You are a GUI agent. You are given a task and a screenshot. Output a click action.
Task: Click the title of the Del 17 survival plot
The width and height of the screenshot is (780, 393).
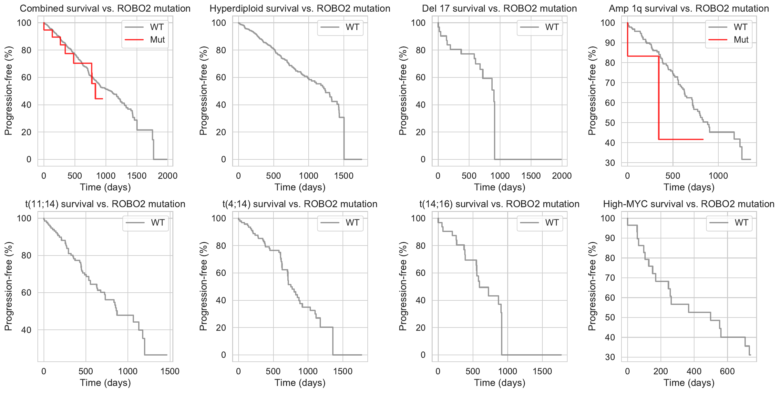point(499,8)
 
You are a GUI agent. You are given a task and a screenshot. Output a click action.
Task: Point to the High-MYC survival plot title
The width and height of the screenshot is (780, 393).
point(689,204)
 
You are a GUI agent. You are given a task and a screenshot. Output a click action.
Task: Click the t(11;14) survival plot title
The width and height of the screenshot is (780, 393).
point(105,204)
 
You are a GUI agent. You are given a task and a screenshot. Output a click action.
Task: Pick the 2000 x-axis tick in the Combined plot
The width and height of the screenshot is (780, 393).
point(168,176)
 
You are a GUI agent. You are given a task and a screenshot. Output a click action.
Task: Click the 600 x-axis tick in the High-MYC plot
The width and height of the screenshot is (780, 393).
point(727,371)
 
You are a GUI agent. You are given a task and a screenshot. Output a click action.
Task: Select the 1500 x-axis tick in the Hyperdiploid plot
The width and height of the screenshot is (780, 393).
point(344,176)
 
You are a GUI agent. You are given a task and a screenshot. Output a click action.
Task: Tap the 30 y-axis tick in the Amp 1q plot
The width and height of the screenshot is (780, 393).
point(610,163)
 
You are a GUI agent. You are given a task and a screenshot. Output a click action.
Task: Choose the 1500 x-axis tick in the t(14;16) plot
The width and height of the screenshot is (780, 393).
point(542,371)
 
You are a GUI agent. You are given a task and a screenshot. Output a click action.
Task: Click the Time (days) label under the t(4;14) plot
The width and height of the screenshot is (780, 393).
point(300,383)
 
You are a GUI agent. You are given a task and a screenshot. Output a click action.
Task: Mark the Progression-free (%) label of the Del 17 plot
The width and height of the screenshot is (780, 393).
point(403,91)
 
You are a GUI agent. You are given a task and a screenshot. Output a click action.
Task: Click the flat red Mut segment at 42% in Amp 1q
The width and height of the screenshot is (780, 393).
point(681,139)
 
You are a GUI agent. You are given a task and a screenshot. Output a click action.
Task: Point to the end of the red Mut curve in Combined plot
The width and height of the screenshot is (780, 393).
point(102,99)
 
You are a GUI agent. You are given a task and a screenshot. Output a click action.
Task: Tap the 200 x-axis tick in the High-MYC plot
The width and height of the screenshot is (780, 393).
point(661,371)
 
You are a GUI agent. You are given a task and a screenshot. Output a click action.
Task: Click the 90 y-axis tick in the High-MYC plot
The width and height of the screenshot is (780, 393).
point(610,238)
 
